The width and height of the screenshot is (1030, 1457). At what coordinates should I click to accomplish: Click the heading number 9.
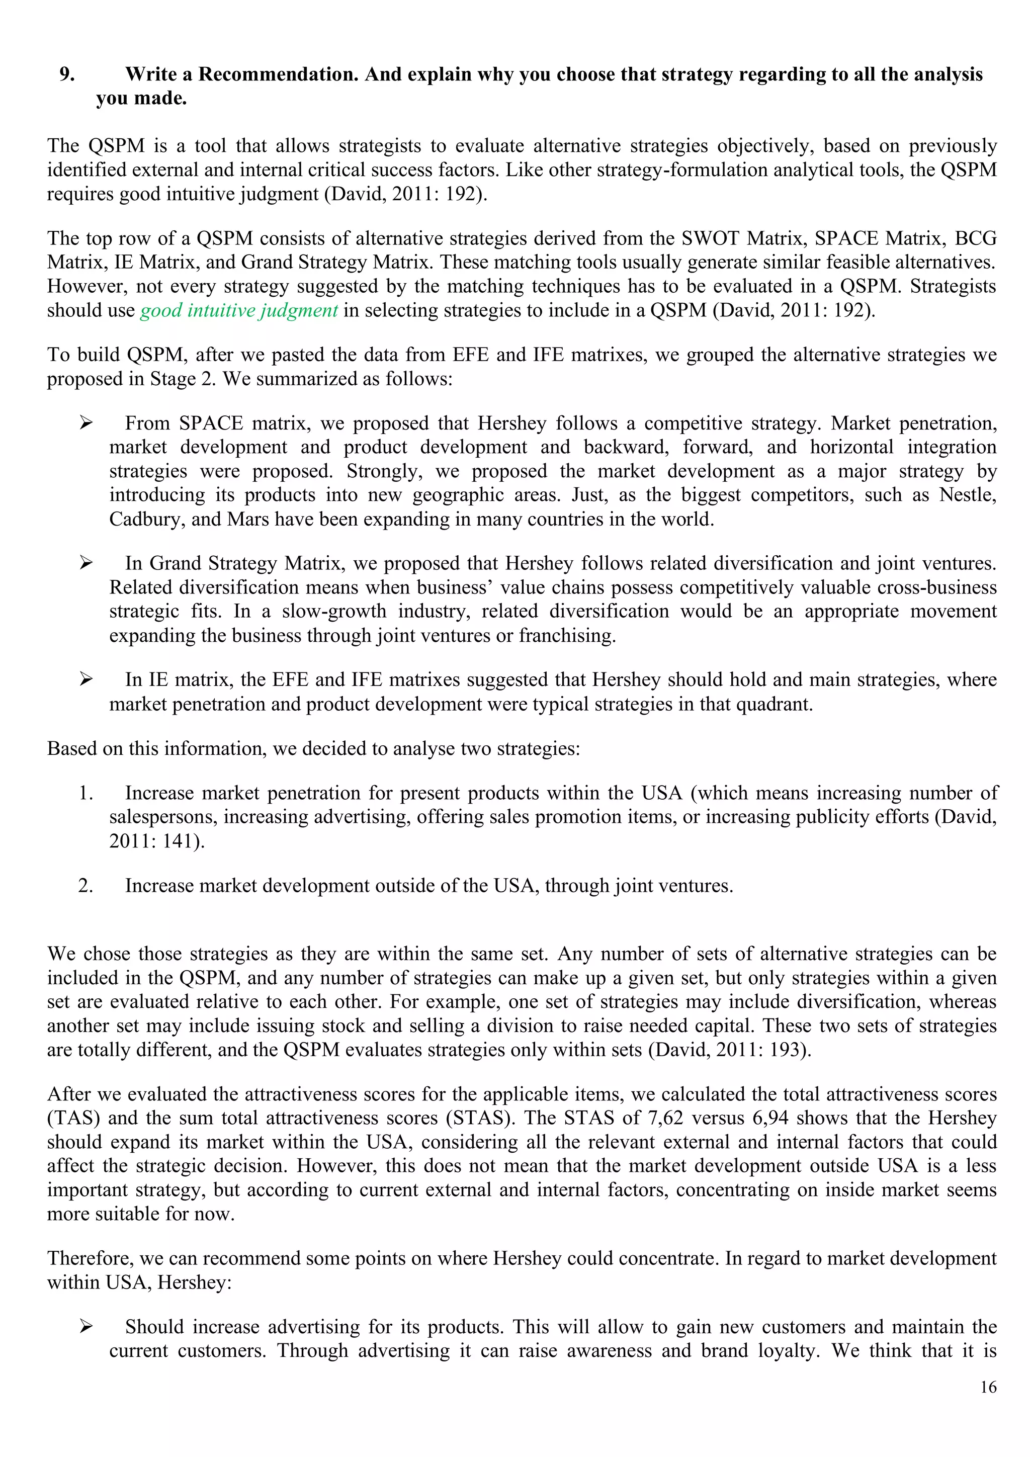click(67, 75)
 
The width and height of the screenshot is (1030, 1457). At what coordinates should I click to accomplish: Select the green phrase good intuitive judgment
click(238, 310)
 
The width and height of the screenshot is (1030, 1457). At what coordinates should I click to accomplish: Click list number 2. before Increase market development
click(85, 886)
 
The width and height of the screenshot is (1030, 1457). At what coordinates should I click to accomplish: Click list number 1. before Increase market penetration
click(85, 793)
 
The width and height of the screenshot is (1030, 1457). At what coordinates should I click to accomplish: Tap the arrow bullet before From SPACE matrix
click(87, 423)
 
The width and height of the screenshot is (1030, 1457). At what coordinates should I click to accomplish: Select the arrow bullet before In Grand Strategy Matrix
click(87, 563)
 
